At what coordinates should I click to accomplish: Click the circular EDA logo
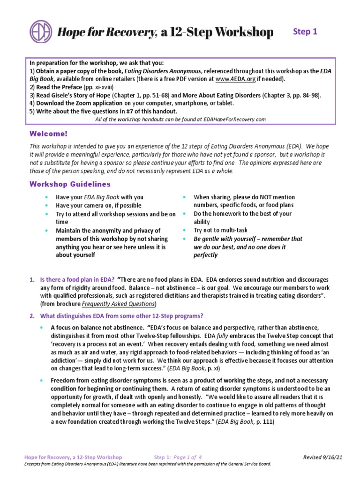[41, 32]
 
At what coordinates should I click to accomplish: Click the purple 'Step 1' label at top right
[305, 32]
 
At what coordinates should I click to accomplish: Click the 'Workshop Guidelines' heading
[70, 184]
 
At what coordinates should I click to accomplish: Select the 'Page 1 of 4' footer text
[187, 457]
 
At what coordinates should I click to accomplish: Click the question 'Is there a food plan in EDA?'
[77, 279]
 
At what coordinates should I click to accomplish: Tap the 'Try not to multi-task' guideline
[219, 231]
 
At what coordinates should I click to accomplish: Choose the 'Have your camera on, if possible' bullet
[98, 205]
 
